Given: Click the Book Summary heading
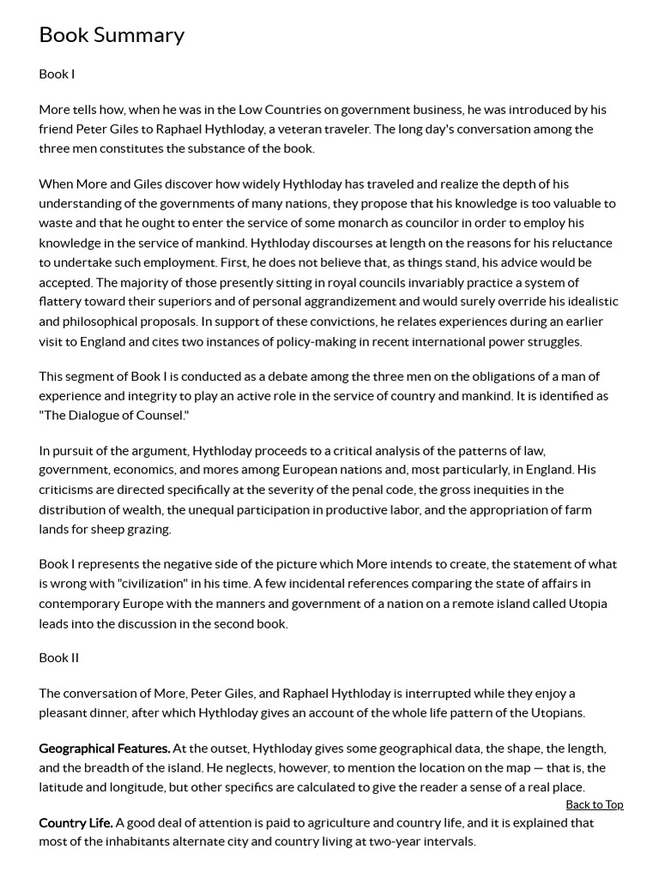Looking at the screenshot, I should coord(112,35).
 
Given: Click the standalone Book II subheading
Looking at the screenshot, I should coord(58,658).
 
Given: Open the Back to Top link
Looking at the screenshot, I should coord(594,804).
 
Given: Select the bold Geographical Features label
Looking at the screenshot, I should coord(104,749).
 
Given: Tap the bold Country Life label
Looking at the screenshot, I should coord(76,822).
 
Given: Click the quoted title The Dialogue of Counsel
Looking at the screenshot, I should coord(113,415).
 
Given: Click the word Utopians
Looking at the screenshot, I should coord(556,713).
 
